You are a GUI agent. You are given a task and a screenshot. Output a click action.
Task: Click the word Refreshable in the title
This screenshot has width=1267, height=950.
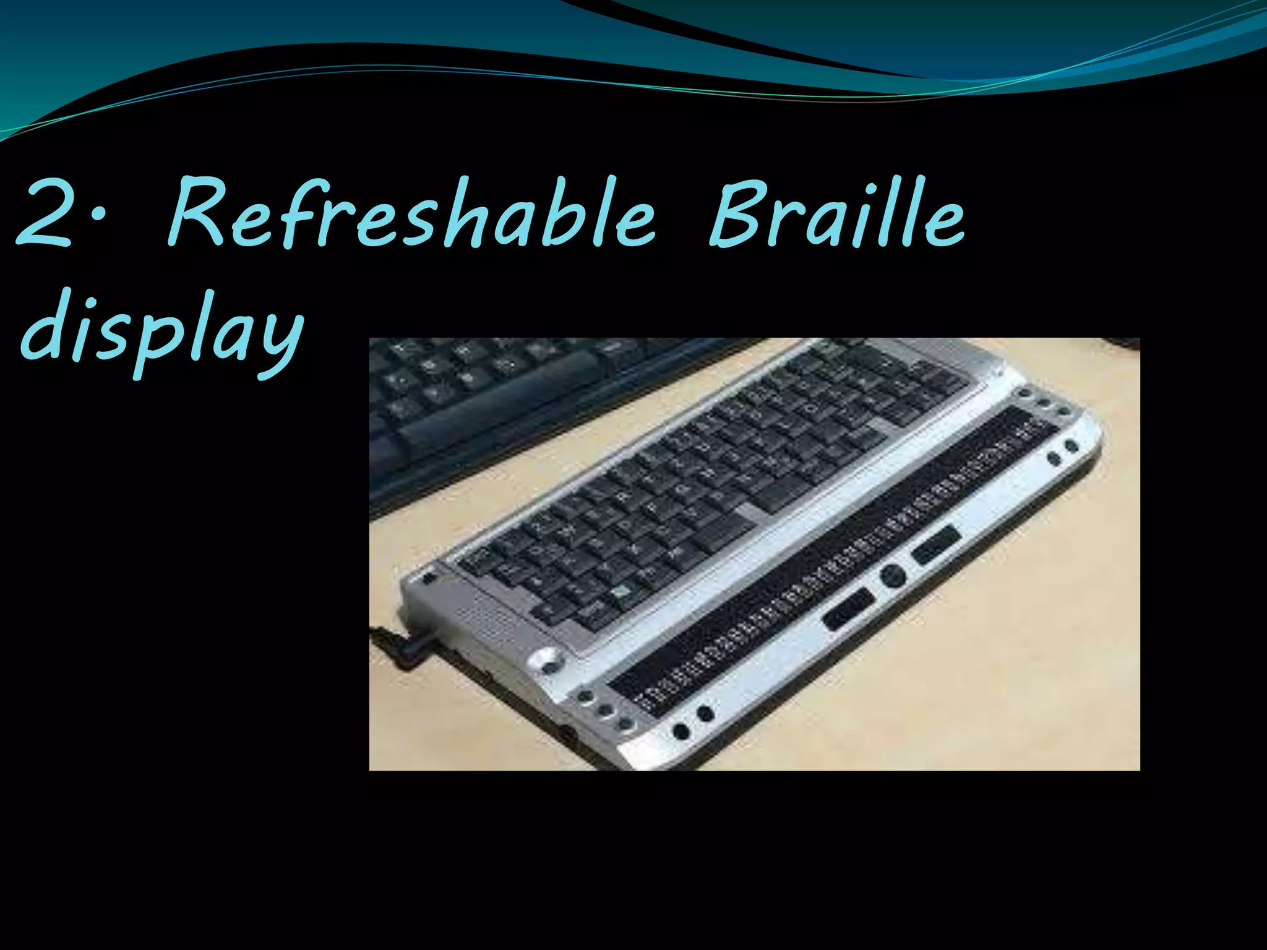point(411,213)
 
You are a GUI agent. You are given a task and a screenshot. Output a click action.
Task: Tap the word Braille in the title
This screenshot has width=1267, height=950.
point(836,213)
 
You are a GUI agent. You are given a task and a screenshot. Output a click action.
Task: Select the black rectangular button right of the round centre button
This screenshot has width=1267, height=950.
point(936,544)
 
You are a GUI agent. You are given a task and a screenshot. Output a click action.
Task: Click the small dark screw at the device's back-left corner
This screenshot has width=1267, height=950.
point(429,579)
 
